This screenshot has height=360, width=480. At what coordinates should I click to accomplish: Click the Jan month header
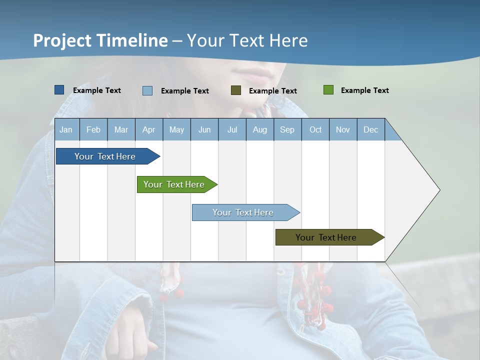66,130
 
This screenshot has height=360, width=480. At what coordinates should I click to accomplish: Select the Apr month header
149,130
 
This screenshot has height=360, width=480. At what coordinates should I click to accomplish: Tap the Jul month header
232,130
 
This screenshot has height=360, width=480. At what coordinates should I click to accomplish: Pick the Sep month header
287,130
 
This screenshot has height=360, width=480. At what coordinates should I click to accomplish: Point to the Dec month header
370,130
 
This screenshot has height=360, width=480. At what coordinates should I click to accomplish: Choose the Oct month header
315,130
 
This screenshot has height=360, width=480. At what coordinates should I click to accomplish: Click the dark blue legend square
59,90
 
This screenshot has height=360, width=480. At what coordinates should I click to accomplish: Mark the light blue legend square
147,90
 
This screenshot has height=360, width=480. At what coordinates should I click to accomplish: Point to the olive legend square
236,90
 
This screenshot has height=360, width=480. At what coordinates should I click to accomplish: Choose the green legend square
328,90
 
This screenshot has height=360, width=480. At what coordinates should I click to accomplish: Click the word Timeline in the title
131,40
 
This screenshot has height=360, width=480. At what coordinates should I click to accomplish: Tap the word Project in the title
62,40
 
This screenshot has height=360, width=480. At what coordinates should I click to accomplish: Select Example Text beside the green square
364,90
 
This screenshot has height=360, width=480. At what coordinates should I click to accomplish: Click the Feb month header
93,130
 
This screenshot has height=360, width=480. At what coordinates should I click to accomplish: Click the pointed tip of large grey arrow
439,190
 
